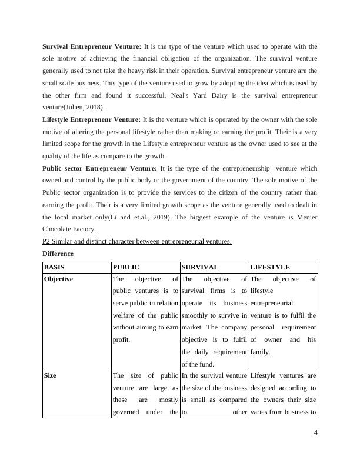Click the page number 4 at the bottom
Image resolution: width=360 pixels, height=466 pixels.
tap(316, 434)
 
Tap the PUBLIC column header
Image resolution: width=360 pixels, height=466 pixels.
tap(126, 267)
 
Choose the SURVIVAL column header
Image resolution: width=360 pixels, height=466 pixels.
tap(200, 267)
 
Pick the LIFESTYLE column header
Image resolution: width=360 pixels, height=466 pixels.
tap(270, 267)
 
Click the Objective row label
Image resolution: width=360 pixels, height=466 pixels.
tap(59, 279)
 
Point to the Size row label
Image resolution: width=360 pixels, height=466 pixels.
tap(51, 375)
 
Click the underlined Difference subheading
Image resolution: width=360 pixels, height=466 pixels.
tap(58, 254)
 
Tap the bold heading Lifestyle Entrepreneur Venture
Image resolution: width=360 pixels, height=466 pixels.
tap(92, 119)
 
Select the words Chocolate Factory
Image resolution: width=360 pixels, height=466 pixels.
tap(67, 229)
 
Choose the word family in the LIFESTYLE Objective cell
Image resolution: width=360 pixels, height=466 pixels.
tap(261, 352)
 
